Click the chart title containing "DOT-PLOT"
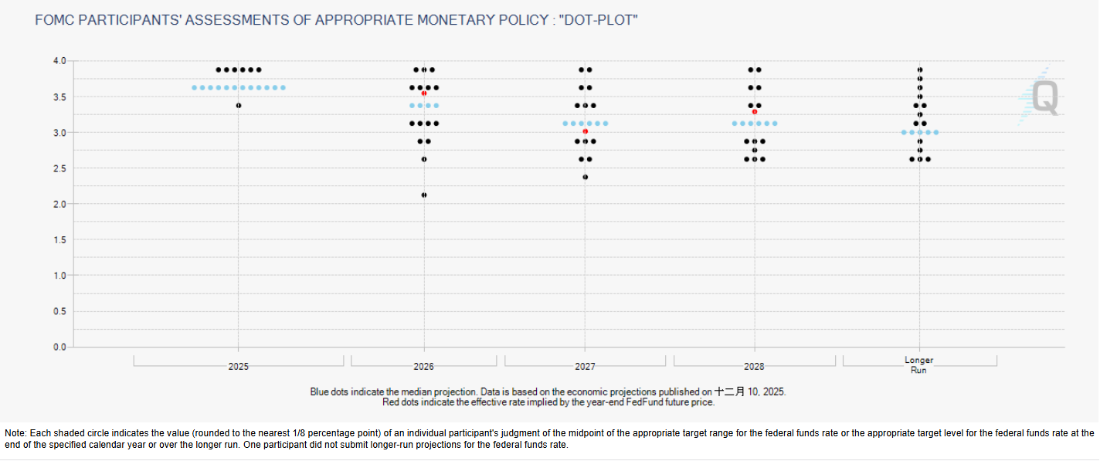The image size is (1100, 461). tap(337, 19)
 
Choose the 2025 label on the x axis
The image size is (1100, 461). tap(239, 367)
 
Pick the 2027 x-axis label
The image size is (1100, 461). tap(585, 367)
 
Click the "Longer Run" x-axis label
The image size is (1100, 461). tap(918, 365)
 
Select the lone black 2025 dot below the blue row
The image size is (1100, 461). tap(239, 105)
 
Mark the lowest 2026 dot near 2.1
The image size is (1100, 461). tap(424, 195)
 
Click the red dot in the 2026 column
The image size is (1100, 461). tap(424, 93)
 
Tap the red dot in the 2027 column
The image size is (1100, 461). tap(586, 131)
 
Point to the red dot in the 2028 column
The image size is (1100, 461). tap(755, 112)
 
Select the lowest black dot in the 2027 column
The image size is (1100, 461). tap(586, 177)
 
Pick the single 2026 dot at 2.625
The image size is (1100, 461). tap(424, 159)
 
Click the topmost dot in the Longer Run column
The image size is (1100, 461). tap(920, 69)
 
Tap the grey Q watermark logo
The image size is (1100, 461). tap(1044, 99)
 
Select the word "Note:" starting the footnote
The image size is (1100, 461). tap(16, 433)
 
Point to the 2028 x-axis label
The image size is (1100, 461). tap(755, 367)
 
